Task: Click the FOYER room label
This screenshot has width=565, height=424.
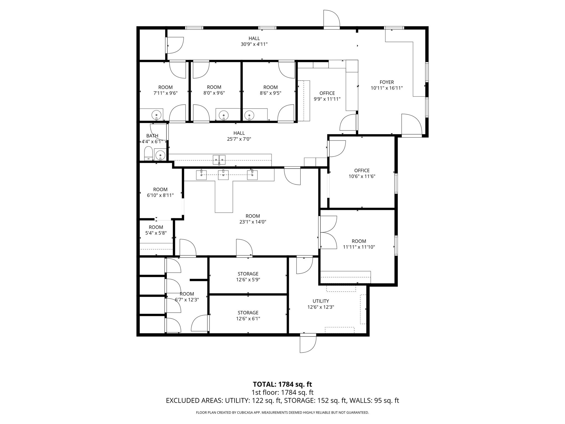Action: pos(387,82)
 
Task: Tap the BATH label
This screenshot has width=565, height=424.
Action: pos(152,136)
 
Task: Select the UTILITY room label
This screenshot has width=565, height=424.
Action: pos(321,301)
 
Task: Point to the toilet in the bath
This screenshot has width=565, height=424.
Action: pos(148,153)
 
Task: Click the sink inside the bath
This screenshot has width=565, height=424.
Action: pos(160,155)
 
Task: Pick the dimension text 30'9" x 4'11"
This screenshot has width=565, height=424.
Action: pos(254,44)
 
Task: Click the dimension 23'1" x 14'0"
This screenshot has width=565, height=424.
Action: pos(252,222)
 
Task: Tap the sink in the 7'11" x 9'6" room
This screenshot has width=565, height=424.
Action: pos(156,115)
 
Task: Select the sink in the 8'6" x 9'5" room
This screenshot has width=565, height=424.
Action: pos(249,115)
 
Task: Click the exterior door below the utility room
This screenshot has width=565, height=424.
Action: pos(308,343)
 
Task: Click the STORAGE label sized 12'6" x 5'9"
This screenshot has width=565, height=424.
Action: pos(248,274)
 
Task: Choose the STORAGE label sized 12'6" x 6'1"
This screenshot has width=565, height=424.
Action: pos(248,312)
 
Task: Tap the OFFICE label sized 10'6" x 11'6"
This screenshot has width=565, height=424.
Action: pos(362,170)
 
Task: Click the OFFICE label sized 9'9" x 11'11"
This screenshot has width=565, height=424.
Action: pos(327,93)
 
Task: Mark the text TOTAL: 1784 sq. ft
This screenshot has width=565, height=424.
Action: pos(282,384)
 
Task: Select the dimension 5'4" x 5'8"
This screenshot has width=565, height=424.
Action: pos(156,233)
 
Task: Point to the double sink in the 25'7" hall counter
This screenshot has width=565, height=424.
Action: pos(219,160)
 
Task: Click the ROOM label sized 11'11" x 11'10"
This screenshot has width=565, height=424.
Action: pos(359,241)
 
